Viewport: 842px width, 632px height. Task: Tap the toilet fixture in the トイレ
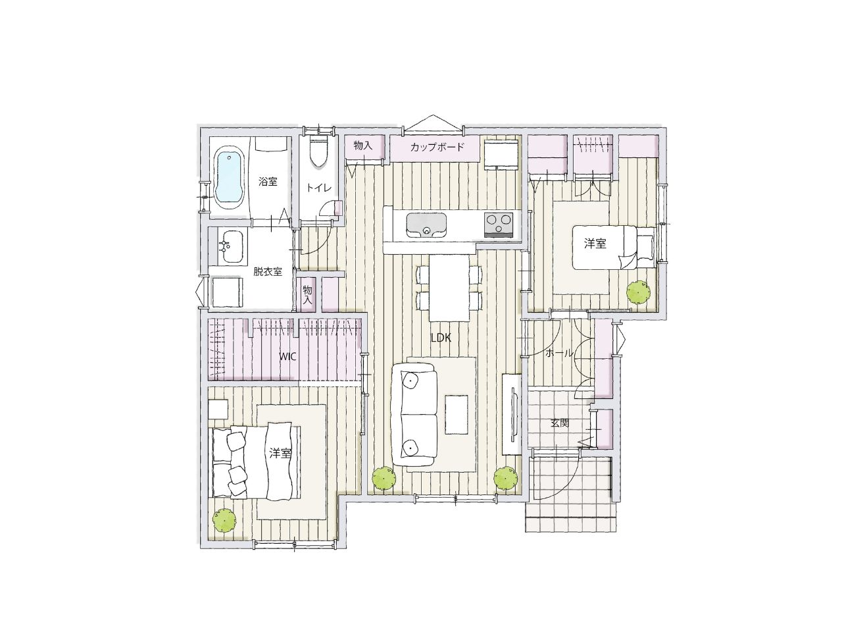(318, 151)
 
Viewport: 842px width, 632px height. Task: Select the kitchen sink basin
(426, 226)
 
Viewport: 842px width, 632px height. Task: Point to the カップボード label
(437, 147)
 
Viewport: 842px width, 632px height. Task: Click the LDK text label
(441, 338)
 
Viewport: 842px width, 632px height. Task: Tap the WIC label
(287, 357)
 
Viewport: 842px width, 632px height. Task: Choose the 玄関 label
(560, 423)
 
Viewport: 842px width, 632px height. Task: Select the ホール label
(560, 353)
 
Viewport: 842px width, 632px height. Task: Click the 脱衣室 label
(268, 272)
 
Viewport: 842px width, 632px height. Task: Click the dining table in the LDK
(449, 288)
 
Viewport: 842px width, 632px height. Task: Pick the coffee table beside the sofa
(457, 415)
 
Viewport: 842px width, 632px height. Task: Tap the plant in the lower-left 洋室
(225, 520)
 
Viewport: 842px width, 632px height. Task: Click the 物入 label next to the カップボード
(363, 145)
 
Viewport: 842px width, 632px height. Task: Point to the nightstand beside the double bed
(218, 410)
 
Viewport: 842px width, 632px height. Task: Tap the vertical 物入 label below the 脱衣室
(307, 295)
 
